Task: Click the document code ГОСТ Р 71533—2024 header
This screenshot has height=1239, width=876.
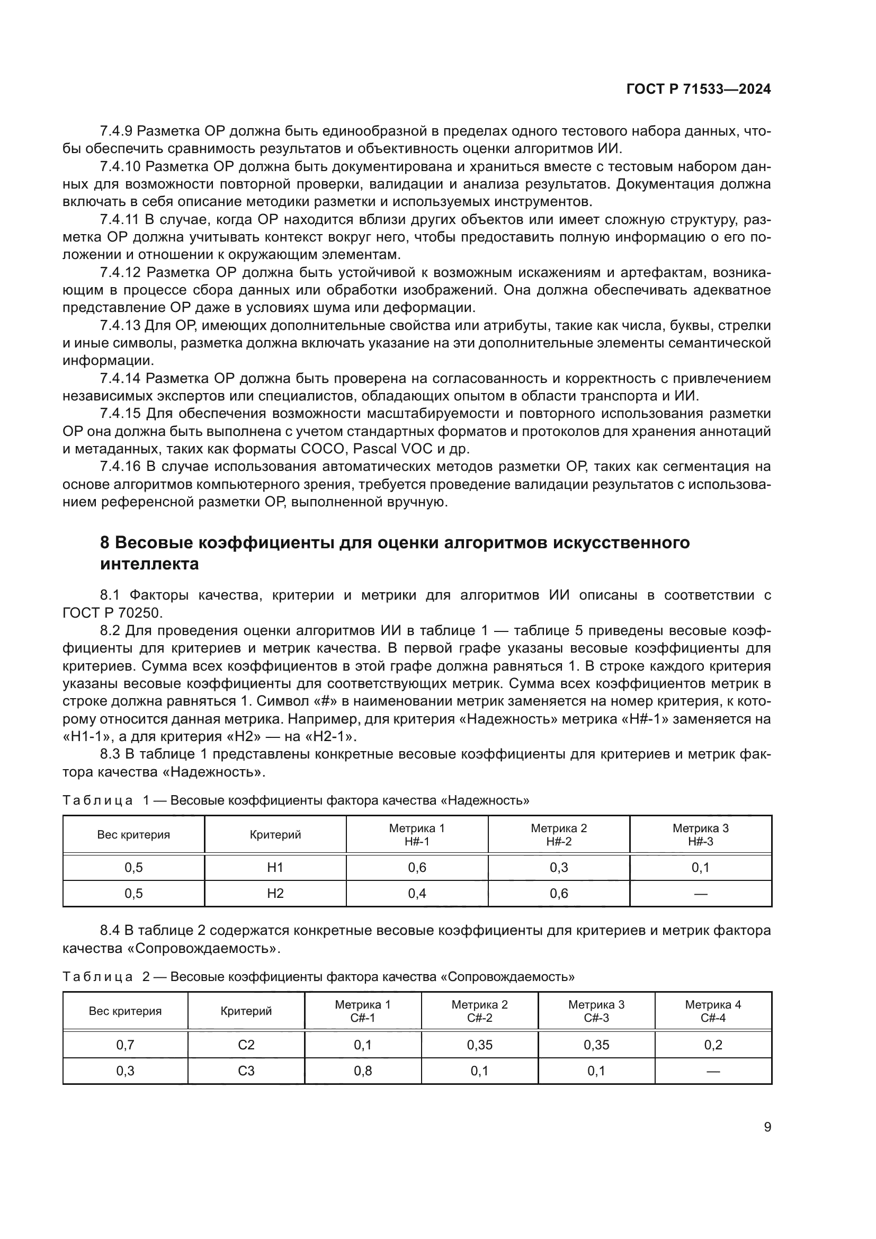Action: (698, 90)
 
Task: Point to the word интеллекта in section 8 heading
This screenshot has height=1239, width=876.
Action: (149, 564)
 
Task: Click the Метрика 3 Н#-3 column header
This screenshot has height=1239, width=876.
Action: (700, 834)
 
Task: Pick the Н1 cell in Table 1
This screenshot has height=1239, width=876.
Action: (275, 867)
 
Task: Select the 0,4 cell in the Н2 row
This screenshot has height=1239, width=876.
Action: (417, 893)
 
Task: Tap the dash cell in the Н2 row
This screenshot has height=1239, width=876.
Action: (700, 894)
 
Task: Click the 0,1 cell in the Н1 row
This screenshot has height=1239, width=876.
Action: (700, 867)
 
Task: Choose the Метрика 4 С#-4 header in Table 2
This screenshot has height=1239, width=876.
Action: (712, 1011)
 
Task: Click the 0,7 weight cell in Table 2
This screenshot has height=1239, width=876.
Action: (125, 1045)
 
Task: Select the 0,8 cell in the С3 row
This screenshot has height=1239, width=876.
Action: (363, 1071)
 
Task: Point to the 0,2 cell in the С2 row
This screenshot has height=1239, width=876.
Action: (712, 1045)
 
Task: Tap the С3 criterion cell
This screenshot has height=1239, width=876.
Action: (246, 1071)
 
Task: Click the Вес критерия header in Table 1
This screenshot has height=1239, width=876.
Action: (133, 835)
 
